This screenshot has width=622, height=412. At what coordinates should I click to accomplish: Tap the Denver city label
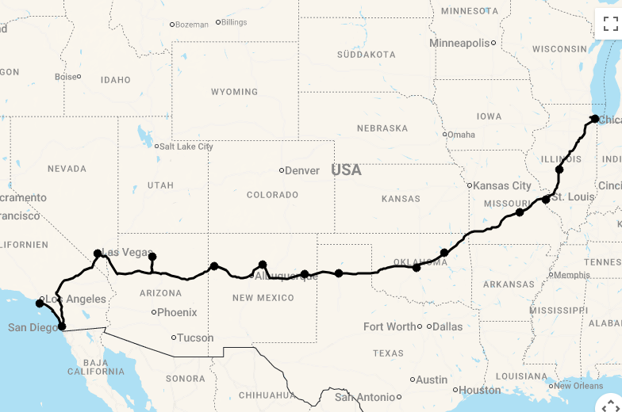(x=302, y=170)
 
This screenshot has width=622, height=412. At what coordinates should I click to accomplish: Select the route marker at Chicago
(x=595, y=119)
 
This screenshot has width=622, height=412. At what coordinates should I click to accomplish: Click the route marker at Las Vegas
(x=98, y=254)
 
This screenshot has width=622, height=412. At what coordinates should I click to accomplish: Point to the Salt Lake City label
(x=186, y=147)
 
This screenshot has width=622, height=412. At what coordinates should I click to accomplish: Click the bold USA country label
(x=346, y=170)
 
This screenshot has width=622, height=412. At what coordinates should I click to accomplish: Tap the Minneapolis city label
(x=460, y=43)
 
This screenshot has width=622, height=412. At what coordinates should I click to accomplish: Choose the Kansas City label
(x=503, y=185)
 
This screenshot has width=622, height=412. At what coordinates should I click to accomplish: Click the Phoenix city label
(x=177, y=312)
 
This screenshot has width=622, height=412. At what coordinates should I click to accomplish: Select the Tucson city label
(x=195, y=338)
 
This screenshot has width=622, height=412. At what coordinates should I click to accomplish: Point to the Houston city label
(x=480, y=390)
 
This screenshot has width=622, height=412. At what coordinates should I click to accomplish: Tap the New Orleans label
(x=578, y=386)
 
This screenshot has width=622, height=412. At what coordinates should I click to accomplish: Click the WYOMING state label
(x=234, y=92)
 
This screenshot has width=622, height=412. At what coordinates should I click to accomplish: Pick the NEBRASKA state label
(x=382, y=128)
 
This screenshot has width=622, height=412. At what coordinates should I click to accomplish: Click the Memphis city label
(x=572, y=275)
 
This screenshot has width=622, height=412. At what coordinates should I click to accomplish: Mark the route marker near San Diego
(x=62, y=326)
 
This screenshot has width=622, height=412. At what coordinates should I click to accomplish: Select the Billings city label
(x=234, y=22)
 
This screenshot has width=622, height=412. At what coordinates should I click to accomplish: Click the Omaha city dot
(x=445, y=134)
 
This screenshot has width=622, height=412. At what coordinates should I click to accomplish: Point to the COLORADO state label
(x=272, y=195)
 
